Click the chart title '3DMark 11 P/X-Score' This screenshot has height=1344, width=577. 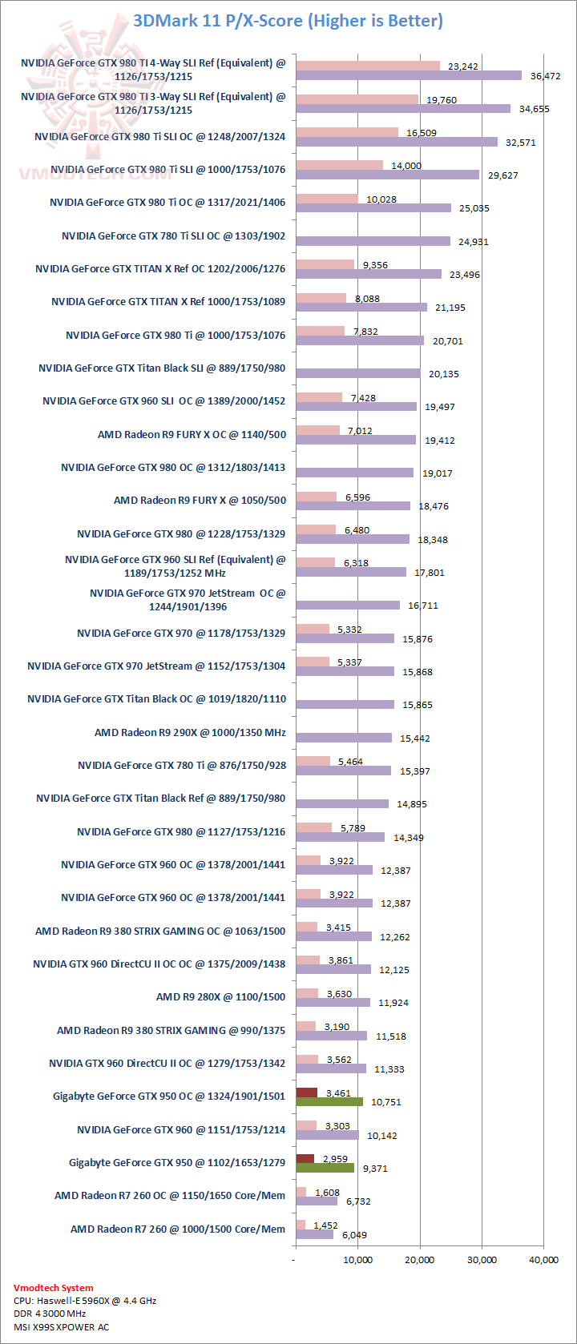288,21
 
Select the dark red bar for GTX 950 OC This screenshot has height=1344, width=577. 306,1092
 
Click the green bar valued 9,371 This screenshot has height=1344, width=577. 325,1168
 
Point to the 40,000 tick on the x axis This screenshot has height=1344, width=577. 543,1260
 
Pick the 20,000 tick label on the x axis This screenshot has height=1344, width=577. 419,1260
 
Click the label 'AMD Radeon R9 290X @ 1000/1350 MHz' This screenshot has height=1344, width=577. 190,732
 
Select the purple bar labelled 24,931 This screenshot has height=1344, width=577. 373,241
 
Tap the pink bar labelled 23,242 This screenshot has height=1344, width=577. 368,66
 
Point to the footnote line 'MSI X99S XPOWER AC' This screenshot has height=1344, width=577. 61,1326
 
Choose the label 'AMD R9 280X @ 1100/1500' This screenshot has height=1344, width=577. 220,997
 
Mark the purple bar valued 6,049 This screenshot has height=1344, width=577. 314,1234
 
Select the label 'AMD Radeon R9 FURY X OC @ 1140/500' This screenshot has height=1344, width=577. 192,434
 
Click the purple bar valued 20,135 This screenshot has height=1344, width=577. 357,373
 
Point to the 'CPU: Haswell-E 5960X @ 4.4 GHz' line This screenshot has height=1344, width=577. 85,1301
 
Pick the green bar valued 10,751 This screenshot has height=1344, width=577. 329,1101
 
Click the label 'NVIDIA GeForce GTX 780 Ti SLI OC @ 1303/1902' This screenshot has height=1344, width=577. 173,236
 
